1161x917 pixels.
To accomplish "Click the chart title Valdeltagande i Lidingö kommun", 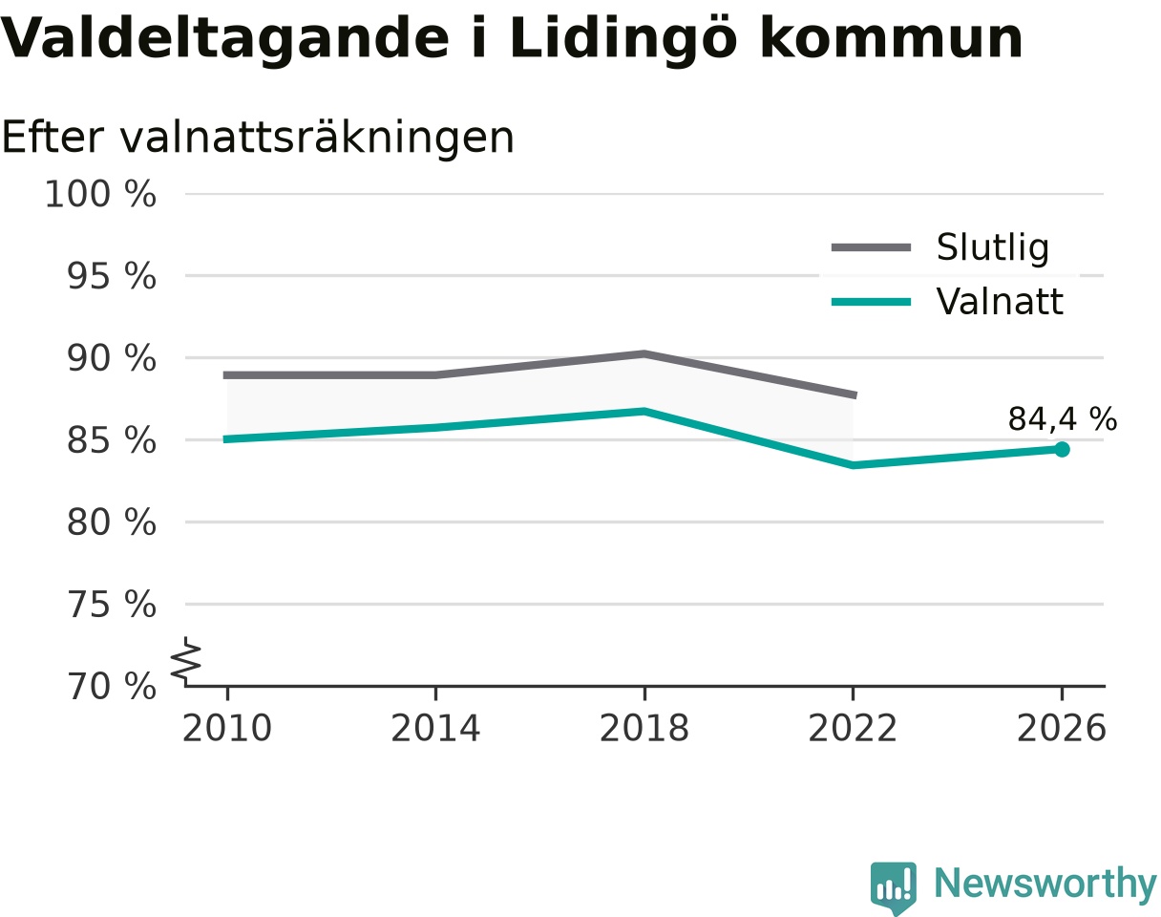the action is coord(512,39).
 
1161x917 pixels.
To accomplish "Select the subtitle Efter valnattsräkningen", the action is coord(258,138).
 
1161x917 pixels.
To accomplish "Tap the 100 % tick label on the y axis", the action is coord(100,194).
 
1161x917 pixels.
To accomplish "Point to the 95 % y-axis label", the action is coord(111,276).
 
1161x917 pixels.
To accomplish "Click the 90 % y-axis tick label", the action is coord(111,358).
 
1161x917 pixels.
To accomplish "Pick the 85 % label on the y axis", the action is coord(111,440).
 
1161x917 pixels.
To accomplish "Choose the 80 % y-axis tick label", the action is coord(111,522).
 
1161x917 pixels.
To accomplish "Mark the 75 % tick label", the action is coord(111,605).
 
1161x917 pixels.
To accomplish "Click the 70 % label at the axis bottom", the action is coord(111,687).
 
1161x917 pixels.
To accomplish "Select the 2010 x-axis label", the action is coord(227,728).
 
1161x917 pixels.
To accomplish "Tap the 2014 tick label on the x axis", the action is coord(435,728).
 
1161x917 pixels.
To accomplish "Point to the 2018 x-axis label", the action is coord(644,728).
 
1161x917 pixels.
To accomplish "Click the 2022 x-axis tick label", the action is coord(853,728).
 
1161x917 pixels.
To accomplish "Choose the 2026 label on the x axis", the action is coord(1061,728).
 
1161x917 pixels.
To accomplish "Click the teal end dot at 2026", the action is coord(1062,450).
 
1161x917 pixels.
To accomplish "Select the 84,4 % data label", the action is coord(1063,419).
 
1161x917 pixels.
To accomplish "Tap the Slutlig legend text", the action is coord(993,248).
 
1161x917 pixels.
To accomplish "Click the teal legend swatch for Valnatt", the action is coord(871,302).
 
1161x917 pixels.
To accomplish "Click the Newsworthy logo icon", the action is coord(894,884).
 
